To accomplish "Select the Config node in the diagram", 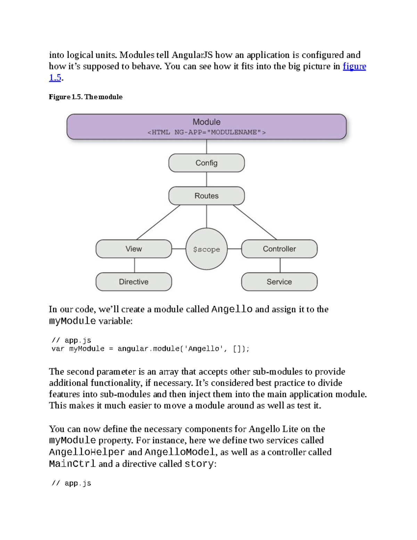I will (x=206, y=163).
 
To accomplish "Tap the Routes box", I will (x=206, y=196).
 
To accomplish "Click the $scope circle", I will (x=206, y=249).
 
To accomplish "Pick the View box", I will (x=134, y=249).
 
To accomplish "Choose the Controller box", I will (x=279, y=249).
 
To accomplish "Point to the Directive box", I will (x=134, y=282).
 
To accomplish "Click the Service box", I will (x=279, y=282).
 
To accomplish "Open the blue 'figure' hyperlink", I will (x=354, y=66).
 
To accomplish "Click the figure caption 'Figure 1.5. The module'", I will (x=85, y=97).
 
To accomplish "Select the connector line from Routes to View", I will (x=158, y=222).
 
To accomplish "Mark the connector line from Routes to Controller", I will (x=255, y=222).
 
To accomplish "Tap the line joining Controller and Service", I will (x=280, y=265).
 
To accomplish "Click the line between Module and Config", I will (x=207, y=146).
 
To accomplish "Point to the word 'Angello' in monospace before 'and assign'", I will (x=232, y=309).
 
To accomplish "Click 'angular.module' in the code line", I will (x=148, y=349).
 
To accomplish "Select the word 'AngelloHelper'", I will (x=87, y=452).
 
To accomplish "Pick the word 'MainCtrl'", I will (x=72, y=464).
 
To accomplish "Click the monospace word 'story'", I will (x=199, y=464).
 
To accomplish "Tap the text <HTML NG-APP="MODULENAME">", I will (x=206, y=132).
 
